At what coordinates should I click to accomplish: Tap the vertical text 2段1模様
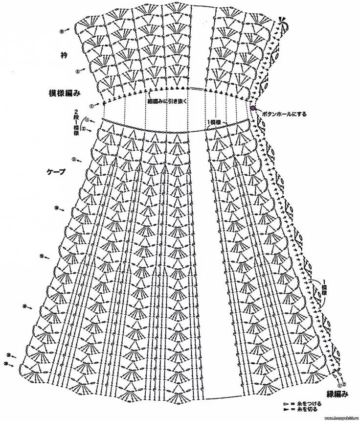(x=77, y=123)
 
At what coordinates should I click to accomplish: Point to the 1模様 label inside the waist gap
(x=214, y=121)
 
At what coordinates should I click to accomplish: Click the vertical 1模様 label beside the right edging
(x=324, y=287)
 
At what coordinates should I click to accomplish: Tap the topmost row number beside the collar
(x=62, y=30)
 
